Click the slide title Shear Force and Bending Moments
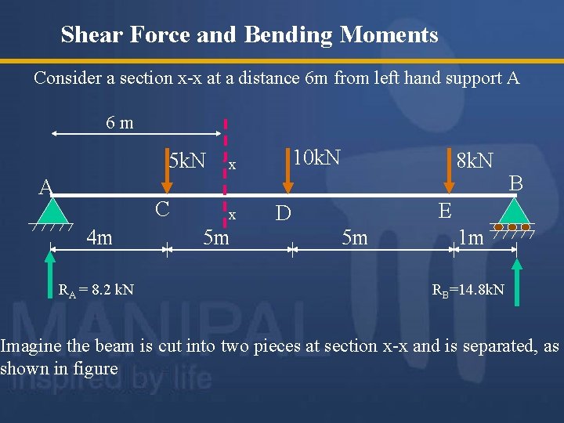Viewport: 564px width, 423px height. pyautogui.click(x=249, y=35)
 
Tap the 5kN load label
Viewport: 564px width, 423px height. pyautogui.click(x=187, y=161)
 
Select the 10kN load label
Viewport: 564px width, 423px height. pyautogui.click(x=316, y=157)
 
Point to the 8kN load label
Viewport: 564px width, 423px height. pyautogui.click(x=475, y=161)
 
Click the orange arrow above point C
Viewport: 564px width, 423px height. pyautogui.click(x=166, y=173)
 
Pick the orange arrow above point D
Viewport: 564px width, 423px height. pyautogui.click(x=288, y=173)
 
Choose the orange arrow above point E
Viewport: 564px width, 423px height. pyautogui.click(x=448, y=173)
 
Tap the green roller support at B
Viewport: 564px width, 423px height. pyautogui.click(x=513, y=211)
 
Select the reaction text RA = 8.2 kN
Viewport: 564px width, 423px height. pyautogui.click(x=96, y=290)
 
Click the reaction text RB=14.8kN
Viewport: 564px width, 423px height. pyautogui.click(x=469, y=291)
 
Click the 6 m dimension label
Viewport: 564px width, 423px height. pyautogui.click(x=120, y=122)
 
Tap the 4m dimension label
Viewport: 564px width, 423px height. pyautogui.click(x=99, y=237)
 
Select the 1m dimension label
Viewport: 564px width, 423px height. pyautogui.click(x=471, y=237)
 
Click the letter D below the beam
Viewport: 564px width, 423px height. pyautogui.click(x=283, y=213)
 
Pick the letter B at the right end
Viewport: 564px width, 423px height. pyautogui.click(x=515, y=183)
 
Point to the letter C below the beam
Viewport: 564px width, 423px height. pyautogui.click(x=163, y=209)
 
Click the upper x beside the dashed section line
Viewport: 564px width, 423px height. pyautogui.click(x=233, y=164)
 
